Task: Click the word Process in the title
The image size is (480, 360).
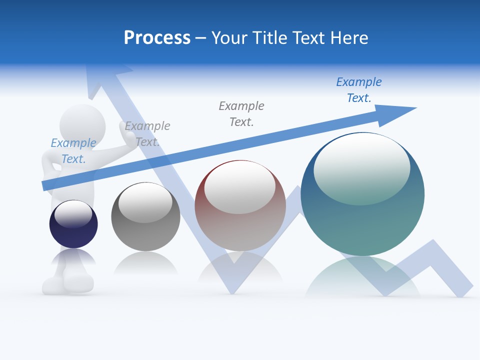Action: point(157,38)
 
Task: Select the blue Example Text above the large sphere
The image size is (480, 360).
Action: point(359,90)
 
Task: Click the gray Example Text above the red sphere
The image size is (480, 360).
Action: point(241,113)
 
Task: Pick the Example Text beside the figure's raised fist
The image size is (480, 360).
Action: point(147,134)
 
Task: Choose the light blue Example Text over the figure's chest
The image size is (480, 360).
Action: point(73,151)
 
